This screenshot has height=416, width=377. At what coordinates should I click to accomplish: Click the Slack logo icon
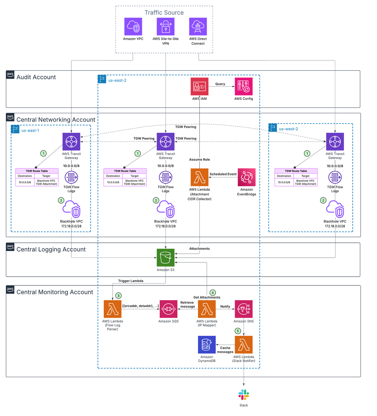[x=243, y=395]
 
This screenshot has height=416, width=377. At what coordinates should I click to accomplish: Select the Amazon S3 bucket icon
[x=166, y=258]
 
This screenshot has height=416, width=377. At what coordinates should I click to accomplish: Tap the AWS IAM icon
[x=199, y=86]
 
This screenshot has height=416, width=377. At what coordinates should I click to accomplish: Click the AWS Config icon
[x=243, y=86]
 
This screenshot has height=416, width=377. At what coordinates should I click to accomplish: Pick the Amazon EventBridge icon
[x=247, y=177]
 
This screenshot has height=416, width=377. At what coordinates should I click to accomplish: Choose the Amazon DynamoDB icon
[x=207, y=345]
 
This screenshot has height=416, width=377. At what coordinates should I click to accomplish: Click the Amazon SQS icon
[x=168, y=309]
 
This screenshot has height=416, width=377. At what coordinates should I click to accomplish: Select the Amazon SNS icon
[x=243, y=309]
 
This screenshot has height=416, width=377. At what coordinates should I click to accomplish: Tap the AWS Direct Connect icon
[x=198, y=27]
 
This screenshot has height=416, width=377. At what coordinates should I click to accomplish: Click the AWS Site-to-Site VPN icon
[x=166, y=27]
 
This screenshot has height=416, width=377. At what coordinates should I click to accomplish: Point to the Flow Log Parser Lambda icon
[x=112, y=309]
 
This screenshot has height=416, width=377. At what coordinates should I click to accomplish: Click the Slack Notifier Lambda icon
[x=243, y=345]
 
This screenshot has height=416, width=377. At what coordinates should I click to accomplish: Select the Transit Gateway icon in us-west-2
[x=335, y=142]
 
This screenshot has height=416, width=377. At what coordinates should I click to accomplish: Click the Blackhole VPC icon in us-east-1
[x=72, y=209]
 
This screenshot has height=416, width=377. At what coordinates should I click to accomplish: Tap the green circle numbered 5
[x=238, y=331]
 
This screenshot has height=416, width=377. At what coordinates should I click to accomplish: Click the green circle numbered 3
[x=118, y=296]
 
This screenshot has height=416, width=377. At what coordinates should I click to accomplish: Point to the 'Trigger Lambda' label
[x=131, y=281]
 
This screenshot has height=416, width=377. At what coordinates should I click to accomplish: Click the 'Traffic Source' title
[x=164, y=13]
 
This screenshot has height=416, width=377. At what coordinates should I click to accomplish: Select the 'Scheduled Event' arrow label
[x=223, y=174]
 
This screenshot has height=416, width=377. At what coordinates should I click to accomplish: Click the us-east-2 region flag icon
[x=102, y=79]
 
